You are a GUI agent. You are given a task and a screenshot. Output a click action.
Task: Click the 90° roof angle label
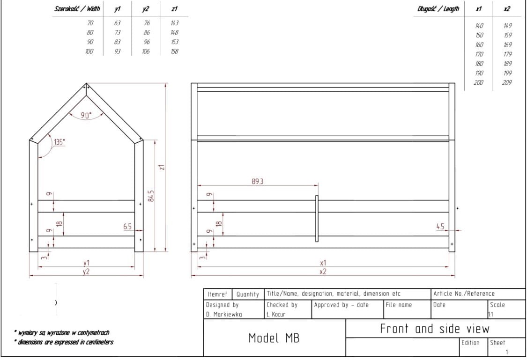coord(86,115)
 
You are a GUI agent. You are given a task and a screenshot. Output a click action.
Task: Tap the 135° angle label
coord(59,142)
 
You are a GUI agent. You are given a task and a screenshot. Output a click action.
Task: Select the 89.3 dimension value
coord(258,181)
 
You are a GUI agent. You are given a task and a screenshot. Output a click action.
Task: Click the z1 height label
coord(162,167)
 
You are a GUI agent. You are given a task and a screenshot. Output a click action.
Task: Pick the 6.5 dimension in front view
coord(127,226)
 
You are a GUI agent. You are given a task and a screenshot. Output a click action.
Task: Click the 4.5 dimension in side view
coord(440,226)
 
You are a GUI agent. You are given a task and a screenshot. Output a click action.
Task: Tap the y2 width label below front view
coord(86,272)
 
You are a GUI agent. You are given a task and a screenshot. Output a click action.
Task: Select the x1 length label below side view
coord(323,263)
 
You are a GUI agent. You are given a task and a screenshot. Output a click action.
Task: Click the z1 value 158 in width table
coord(174,51)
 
